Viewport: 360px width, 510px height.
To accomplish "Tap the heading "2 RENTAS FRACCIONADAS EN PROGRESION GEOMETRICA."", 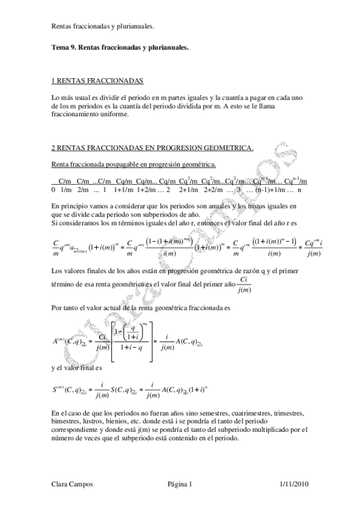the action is coord(152,148).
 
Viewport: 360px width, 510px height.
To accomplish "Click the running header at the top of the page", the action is coord(103,26).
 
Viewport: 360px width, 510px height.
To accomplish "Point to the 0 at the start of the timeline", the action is coord(53,189).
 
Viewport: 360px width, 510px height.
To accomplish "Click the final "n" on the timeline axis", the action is coord(299,189).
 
